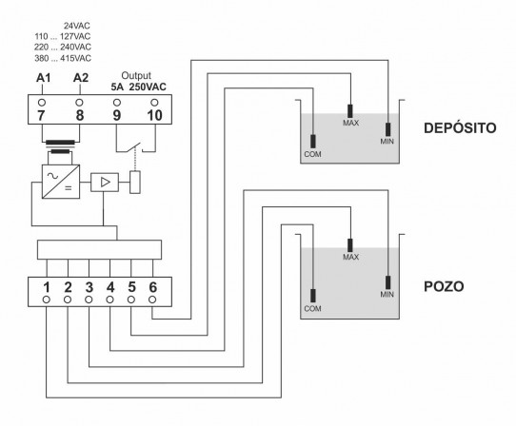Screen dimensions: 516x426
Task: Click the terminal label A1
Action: click(x=43, y=78)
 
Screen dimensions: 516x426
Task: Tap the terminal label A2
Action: click(x=81, y=78)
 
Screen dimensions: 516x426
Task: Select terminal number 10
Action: click(x=154, y=115)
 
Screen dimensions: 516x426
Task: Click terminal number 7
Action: click(x=41, y=115)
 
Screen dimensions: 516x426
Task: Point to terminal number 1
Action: click(x=47, y=287)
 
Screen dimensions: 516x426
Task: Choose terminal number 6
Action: click(x=152, y=287)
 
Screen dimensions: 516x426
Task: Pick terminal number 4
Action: click(x=110, y=287)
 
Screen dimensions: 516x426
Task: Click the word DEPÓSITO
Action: click(x=460, y=127)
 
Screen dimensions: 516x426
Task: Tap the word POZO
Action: click(x=444, y=286)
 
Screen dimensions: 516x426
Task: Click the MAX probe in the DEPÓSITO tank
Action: click(x=350, y=111)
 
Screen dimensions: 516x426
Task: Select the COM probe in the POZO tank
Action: click(x=313, y=296)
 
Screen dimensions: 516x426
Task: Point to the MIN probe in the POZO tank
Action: click(x=388, y=282)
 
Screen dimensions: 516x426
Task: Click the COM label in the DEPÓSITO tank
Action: click(x=312, y=154)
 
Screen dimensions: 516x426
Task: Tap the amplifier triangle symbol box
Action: click(x=105, y=183)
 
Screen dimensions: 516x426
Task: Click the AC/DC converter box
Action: click(x=61, y=182)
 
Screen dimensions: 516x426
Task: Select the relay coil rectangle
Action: click(x=135, y=183)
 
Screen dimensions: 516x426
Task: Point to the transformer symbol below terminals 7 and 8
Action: click(x=60, y=146)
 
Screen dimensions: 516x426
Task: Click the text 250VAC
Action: click(x=148, y=87)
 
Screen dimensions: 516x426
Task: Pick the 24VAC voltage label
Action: click(x=77, y=26)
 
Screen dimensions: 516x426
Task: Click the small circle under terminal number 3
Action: click(x=89, y=300)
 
